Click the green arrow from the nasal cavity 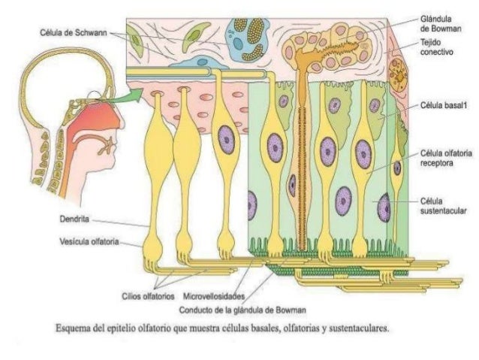click(129, 95)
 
